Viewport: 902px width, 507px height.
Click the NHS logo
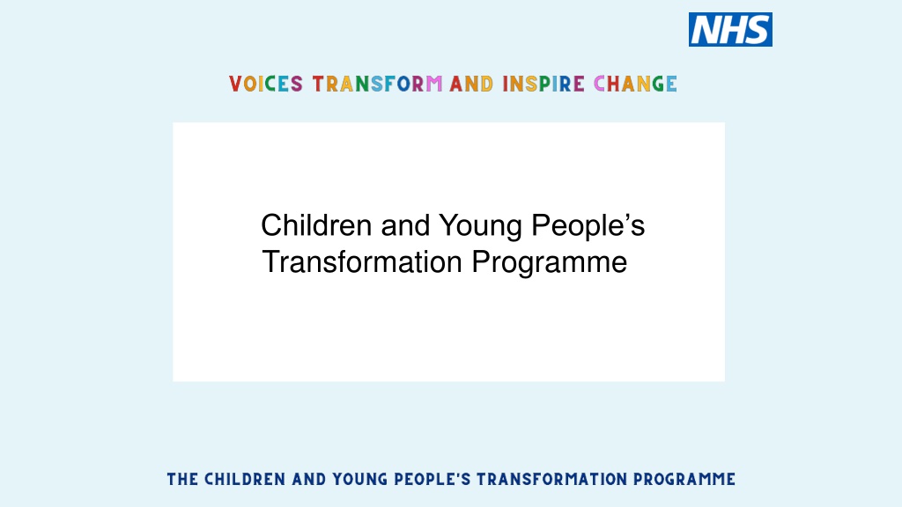pyautogui.click(x=730, y=29)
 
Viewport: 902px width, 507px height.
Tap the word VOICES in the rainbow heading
pyautogui.click(x=266, y=84)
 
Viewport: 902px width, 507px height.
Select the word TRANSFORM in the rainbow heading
pyautogui.click(x=377, y=84)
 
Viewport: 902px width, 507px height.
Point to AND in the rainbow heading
pyautogui.click(x=472, y=84)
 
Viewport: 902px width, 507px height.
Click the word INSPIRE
pyautogui.click(x=543, y=84)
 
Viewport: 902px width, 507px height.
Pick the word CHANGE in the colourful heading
pyautogui.click(x=635, y=84)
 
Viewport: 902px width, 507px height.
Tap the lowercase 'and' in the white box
pyautogui.click(x=405, y=224)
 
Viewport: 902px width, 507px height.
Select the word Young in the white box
pyautogui.click(x=480, y=227)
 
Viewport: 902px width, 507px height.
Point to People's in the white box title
pyautogui.click(x=588, y=227)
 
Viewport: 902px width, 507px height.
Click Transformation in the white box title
pyautogui.click(x=362, y=262)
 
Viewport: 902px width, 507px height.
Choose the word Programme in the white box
pyautogui.click(x=550, y=264)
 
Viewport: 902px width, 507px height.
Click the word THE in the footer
pyautogui.click(x=182, y=480)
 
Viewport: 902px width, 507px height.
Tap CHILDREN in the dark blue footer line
pyautogui.click(x=245, y=480)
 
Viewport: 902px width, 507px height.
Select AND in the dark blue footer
pyautogui.click(x=309, y=480)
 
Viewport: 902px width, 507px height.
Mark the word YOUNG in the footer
pyautogui.click(x=360, y=480)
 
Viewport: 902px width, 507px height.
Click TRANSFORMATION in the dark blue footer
pyautogui.click(x=551, y=480)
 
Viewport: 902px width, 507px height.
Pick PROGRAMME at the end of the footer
pyautogui.click(x=684, y=480)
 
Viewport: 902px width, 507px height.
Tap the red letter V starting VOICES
pyautogui.click(x=234, y=84)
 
